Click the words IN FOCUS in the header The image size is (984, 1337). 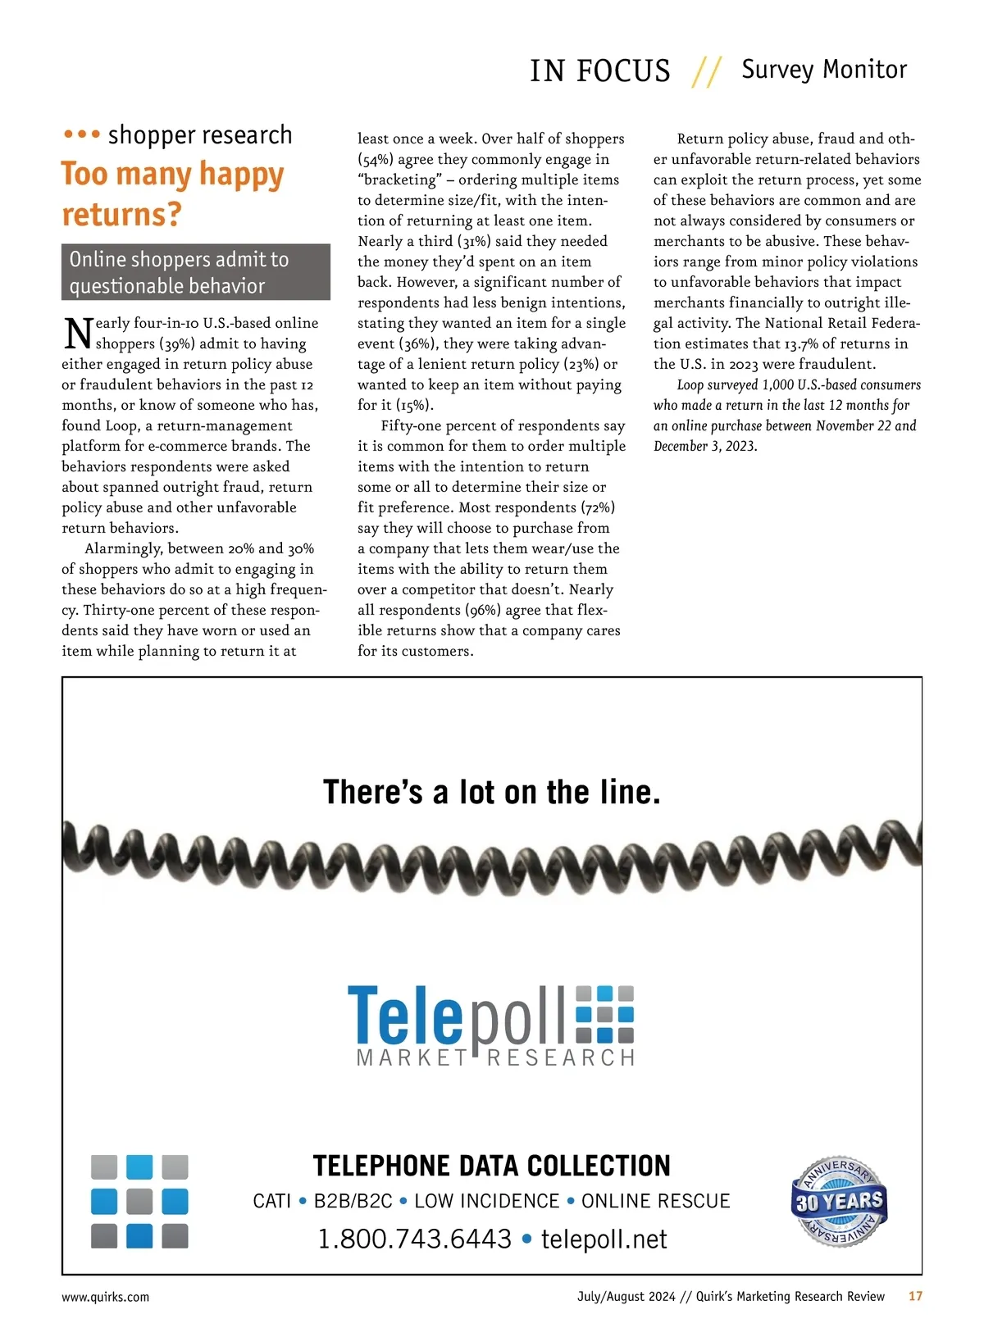tap(599, 71)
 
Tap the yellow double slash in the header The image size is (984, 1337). tap(706, 72)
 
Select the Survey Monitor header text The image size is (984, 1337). tap(824, 70)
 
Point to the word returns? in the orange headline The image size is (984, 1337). tap(121, 215)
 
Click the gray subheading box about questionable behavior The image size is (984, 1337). tap(195, 272)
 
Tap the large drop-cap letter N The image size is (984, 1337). tap(77, 333)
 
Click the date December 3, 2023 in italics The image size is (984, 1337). tap(705, 446)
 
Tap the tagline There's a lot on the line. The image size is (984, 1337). tap(492, 792)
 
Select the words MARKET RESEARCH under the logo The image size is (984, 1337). tap(495, 1057)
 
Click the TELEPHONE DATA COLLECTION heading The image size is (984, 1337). tap(491, 1165)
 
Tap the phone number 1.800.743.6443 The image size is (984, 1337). tap(414, 1239)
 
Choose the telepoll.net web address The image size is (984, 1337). tap(604, 1239)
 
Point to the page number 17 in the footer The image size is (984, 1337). tap(915, 1296)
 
